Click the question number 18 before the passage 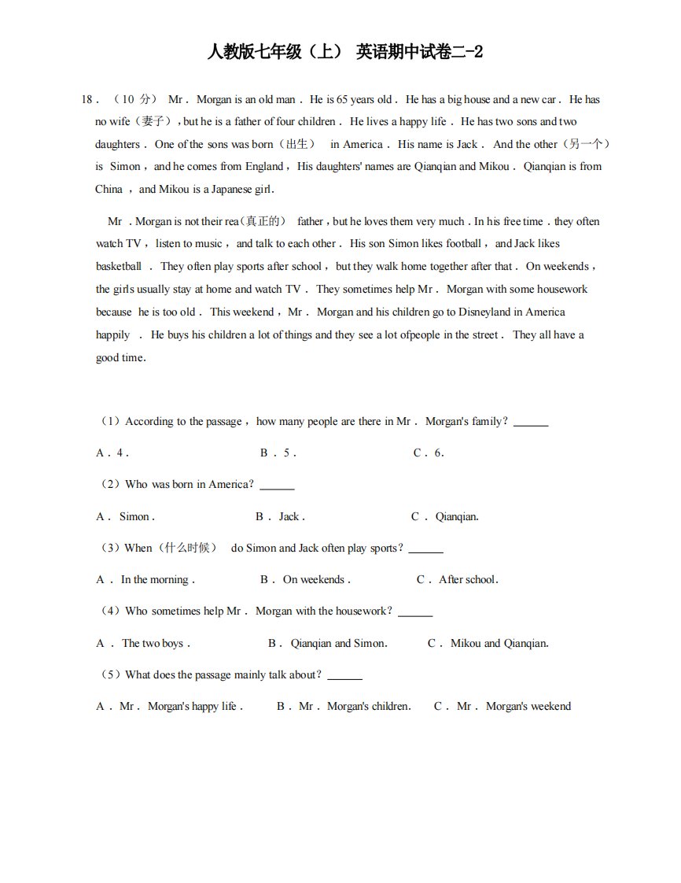point(87,100)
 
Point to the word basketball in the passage point(119,267)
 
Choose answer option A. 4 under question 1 point(112,453)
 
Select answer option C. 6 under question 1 point(429,453)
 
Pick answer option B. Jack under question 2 point(280,517)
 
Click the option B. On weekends point(305,580)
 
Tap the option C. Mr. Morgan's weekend point(502,707)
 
